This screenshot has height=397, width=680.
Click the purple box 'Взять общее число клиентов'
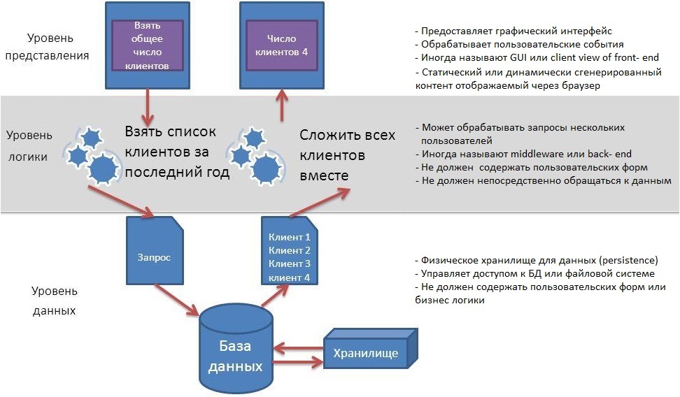[x=148, y=45]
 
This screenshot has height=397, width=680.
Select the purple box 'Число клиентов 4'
[x=281, y=45]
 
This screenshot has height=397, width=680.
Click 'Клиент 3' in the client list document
[x=289, y=264]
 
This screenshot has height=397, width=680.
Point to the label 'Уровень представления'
[x=57, y=47]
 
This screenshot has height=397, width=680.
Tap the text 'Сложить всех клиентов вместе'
[x=348, y=154]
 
